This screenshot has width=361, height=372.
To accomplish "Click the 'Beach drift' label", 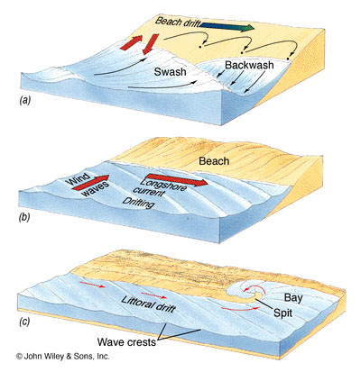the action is click(x=178, y=22).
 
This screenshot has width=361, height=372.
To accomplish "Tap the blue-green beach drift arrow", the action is click(x=227, y=26).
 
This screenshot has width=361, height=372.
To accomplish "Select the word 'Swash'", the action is click(x=170, y=71).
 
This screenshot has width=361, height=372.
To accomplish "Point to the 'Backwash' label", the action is click(x=249, y=65).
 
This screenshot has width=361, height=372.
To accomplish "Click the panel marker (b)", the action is click(x=24, y=217).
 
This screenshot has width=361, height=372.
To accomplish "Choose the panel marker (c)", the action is click(x=24, y=322).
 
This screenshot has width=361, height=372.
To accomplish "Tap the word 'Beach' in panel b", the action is click(x=214, y=161).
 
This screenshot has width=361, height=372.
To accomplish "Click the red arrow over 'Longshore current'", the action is click(x=177, y=179).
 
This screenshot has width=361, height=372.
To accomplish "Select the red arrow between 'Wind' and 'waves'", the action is click(x=90, y=183).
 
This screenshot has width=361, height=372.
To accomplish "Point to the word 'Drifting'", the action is click(x=138, y=204).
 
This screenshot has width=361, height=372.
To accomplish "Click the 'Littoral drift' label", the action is click(x=148, y=304).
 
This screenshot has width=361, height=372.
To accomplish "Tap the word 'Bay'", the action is click(x=293, y=298).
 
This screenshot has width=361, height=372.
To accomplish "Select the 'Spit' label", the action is click(x=282, y=313).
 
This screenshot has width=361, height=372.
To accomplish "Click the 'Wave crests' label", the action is click(x=126, y=341).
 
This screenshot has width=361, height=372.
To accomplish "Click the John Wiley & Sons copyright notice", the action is click(x=62, y=357).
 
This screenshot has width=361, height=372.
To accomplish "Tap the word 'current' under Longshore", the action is click(x=149, y=191).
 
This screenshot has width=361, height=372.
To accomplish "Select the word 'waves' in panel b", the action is click(x=96, y=189).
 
